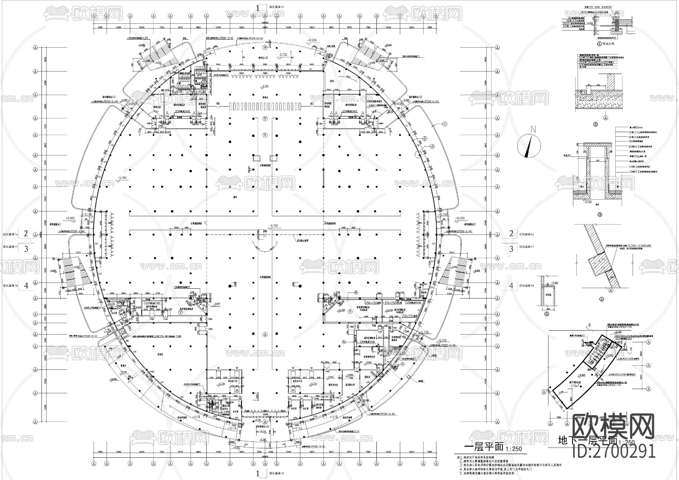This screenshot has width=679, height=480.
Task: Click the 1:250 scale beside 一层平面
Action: (x=514, y=449)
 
